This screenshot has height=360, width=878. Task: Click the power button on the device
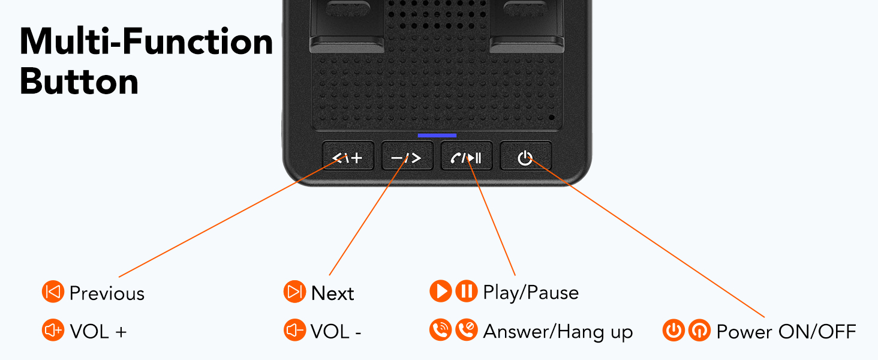click(x=525, y=156)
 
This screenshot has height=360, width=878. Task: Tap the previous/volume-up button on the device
click(x=348, y=156)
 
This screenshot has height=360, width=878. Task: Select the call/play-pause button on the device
click(x=467, y=156)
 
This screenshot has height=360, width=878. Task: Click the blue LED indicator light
click(x=437, y=135)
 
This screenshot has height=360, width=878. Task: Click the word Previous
click(x=107, y=293)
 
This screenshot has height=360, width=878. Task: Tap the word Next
click(x=332, y=293)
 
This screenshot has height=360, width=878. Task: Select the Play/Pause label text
click(x=531, y=293)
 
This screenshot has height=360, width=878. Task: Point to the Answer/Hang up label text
click(x=558, y=332)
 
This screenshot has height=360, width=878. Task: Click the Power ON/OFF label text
click(x=786, y=332)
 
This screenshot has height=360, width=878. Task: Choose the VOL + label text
click(x=98, y=332)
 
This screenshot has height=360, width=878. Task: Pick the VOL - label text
click(x=335, y=332)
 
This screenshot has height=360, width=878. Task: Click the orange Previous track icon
click(x=53, y=292)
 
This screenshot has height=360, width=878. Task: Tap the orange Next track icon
click(x=294, y=292)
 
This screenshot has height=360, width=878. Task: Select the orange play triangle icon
click(x=441, y=291)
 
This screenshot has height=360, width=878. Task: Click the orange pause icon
click(x=467, y=291)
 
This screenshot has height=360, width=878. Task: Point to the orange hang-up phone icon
click(x=467, y=330)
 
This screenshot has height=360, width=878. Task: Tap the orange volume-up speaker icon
click(x=53, y=330)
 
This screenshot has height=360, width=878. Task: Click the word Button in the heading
click(x=79, y=82)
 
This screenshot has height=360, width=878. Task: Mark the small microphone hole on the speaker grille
click(x=552, y=117)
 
